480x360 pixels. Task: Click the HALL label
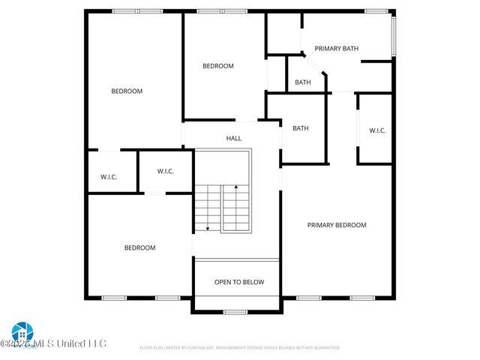[x=234, y=139]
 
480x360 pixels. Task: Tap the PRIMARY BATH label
[x=336, y=49]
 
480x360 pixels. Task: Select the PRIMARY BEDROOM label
[x=337, y=225]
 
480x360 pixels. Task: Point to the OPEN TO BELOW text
[x=239, y=282]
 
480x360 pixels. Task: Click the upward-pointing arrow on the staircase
[x=236, y=187]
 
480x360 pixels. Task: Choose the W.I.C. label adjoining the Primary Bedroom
[x=377, y=131]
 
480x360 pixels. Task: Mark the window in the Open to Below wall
[x=235, y=311]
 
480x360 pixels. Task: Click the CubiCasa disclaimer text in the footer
[x=240, y=348]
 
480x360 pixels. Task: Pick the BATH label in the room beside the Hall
[x=301, y=128]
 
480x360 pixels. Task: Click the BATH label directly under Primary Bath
[x=303, y=82]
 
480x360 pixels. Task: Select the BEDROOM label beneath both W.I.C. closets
[x=139, y=247]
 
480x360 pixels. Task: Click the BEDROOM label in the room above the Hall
[x=218, y=66]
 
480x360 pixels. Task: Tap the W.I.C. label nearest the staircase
[x=166, y=172]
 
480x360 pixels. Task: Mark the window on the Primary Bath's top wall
[x=376, y=11]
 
